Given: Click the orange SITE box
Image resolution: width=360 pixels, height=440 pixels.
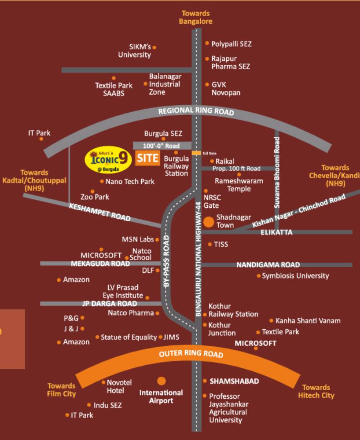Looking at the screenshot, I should (147, 158).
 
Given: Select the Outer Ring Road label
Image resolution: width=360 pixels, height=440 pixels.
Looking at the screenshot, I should (191, 353).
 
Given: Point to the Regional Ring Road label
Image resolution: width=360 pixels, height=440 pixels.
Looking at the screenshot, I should (196, 111).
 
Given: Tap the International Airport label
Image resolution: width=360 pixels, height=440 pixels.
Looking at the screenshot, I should (161, 396).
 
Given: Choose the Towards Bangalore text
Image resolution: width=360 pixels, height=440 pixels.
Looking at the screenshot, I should (195, 18).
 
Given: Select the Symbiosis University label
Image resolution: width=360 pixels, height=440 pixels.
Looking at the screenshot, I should (295, 276).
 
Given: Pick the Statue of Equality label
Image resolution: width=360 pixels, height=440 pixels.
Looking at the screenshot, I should (129, 337).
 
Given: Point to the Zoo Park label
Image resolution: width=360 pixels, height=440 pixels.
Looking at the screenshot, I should (95, 197).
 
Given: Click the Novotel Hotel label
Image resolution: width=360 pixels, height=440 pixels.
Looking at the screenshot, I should (119, 386).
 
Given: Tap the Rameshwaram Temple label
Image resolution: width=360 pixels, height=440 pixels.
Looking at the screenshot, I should (239, 185).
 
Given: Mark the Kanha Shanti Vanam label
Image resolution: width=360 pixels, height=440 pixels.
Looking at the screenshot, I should (308, 321).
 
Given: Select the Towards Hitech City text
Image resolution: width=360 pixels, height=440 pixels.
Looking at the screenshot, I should (316, 391).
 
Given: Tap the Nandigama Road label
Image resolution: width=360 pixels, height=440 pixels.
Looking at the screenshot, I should (268, 265).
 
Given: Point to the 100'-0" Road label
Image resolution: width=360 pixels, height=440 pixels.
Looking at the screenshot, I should (162, 146).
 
